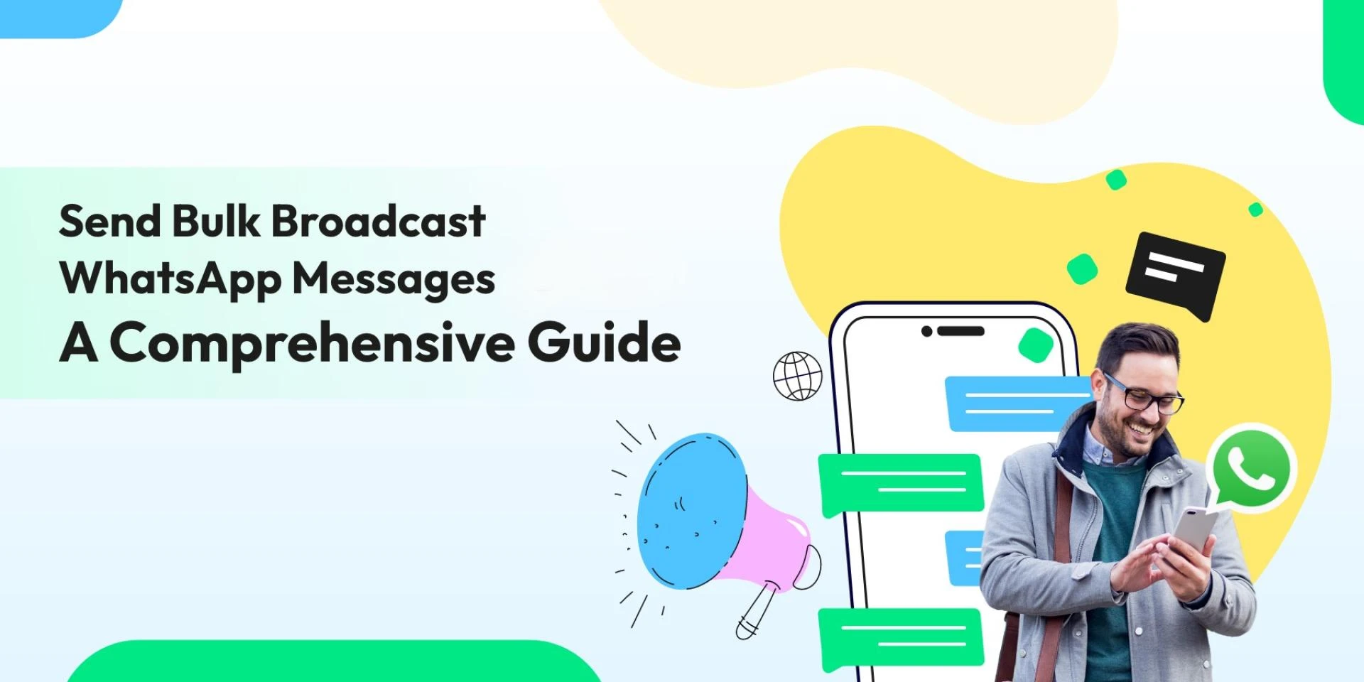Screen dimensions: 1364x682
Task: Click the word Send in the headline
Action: pyautogui.click(x=110, y=221)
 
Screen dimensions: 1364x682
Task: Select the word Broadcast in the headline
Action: pyautogui.click(x=379, y=221)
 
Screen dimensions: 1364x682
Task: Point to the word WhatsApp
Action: pyautogui.click(x=170, y=278)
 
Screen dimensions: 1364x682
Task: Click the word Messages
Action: pyautogui.click(x=394, y=278)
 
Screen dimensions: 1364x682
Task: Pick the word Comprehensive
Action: pyautogui.click(x=313, y=343)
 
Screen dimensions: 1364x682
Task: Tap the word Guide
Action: pyautogui.click(x=604, y=342)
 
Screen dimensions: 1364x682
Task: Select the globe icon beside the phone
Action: pyautogui.click(x=797, y=376)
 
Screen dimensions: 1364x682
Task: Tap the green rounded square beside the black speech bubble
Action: pyautogui.click(x=1083, y=269)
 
